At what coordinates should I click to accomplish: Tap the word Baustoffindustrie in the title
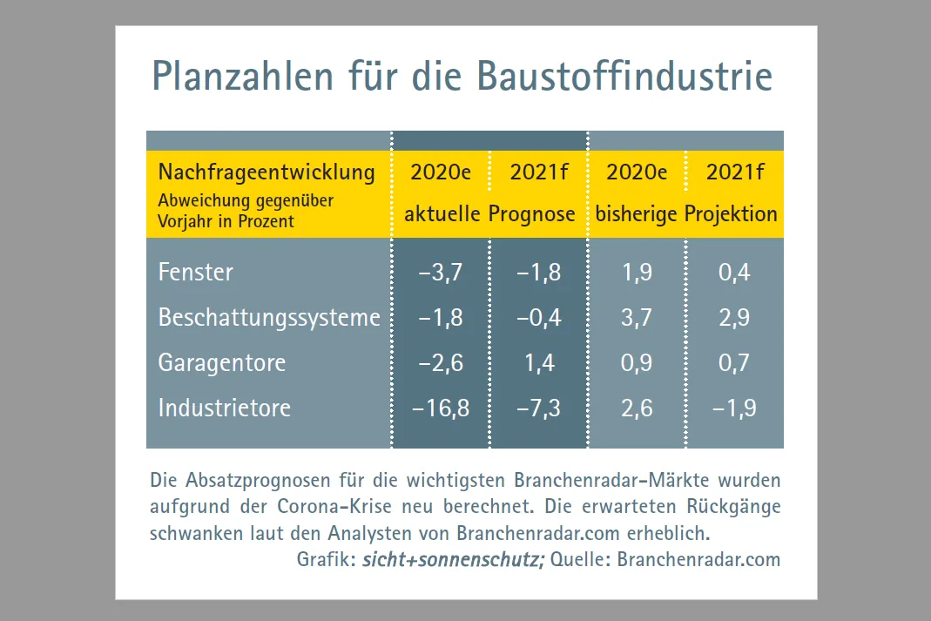(x=624, y=77)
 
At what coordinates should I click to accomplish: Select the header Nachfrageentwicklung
(x=266, y=172)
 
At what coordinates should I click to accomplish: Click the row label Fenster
(x=196, y=273)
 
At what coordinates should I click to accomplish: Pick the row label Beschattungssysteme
(x=269, y=318)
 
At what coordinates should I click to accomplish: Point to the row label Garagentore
(x=222, y=362)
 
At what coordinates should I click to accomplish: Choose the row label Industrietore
(x=225, y=408)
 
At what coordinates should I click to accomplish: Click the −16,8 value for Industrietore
(x=440, y=408)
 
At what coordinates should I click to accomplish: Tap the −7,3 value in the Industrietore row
(x=538, y=408)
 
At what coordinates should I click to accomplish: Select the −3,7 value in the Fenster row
(x=440, y=273)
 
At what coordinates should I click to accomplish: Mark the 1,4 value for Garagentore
(x=540, y=362)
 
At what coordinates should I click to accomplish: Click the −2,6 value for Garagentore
(x=440, y=362)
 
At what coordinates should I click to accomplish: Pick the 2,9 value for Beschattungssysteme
(x=734, y=318)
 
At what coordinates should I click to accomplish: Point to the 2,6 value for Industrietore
(x=637, y=408)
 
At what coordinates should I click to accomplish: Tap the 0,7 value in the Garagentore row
(x=734, y=362)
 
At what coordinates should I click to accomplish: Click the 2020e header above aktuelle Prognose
(x=441, y=172)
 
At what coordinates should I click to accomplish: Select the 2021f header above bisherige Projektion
(x=735, y=172)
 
